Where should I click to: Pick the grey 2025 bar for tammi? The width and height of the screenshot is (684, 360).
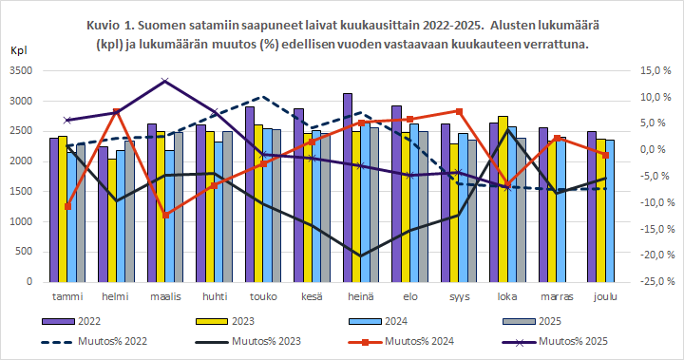coord(80,214)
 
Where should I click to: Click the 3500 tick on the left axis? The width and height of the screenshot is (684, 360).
coord(21,71)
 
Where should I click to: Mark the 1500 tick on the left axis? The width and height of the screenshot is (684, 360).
coord(21,192)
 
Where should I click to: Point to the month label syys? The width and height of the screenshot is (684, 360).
coord(459,296)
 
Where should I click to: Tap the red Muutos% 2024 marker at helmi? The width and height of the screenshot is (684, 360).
coord(116,112)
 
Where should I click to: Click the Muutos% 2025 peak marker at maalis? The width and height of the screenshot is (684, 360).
coord(165,82)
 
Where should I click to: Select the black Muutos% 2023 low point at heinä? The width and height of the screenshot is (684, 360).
coord(361,256)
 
